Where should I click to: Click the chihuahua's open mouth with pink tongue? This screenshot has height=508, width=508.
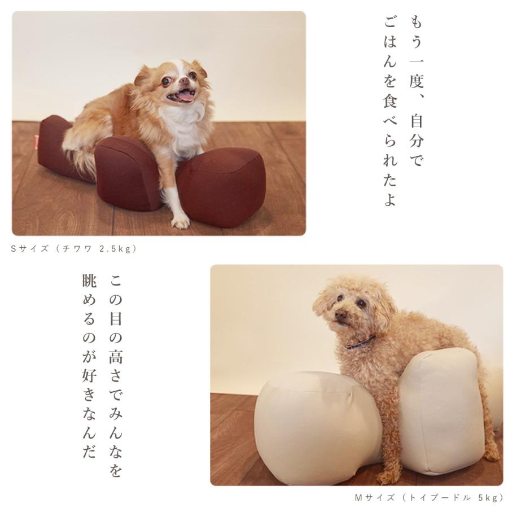[x=182, y=96]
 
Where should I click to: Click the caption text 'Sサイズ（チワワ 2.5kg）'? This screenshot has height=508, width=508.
[x=74, y=248]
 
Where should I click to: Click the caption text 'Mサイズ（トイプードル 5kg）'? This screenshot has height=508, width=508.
[x=428, y=497]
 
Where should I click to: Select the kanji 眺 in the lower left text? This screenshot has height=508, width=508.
[x=89, y=282]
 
